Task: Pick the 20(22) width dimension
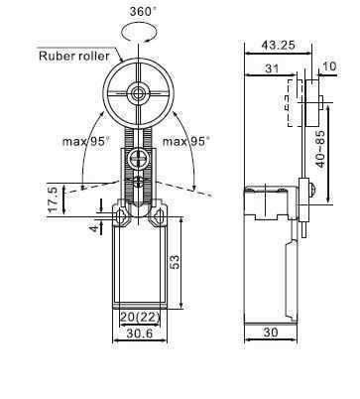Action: coord(138,316)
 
